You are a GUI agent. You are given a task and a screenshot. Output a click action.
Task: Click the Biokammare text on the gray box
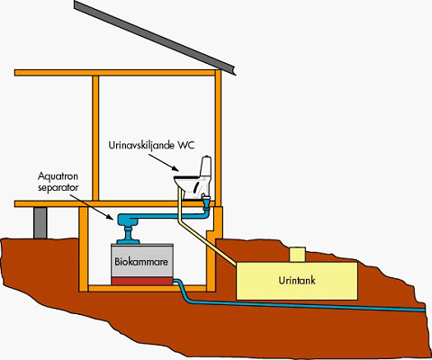tap(139, 264)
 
